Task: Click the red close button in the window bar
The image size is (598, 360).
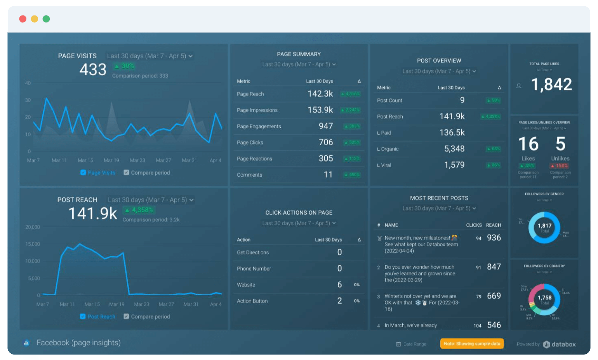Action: [23, 19]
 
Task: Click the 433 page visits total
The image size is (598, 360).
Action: [93, 70]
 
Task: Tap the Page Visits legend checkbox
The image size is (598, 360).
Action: [83, 172]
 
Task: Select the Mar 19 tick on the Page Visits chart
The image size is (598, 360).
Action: [111, 160]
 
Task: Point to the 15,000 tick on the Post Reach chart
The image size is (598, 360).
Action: [33, 244]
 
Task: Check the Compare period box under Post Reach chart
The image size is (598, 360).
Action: [126, 317]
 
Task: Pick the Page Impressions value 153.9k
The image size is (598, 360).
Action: [320, 110]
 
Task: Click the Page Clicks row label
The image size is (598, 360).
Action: [250, 143]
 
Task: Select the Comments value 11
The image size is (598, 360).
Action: [328, 175]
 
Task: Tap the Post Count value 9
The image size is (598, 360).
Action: [462, 100]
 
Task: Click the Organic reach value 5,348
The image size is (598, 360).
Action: [454, 149]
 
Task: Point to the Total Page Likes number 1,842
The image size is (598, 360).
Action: [551, 85]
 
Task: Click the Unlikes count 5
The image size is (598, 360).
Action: [560, 144]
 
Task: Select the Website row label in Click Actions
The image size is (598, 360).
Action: [246, 285]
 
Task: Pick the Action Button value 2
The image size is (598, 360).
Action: [339, 301]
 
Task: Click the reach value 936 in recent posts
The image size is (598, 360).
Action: [494, 238]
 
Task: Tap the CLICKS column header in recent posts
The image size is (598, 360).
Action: [474, 225]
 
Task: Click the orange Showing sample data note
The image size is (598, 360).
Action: [472, 344]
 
